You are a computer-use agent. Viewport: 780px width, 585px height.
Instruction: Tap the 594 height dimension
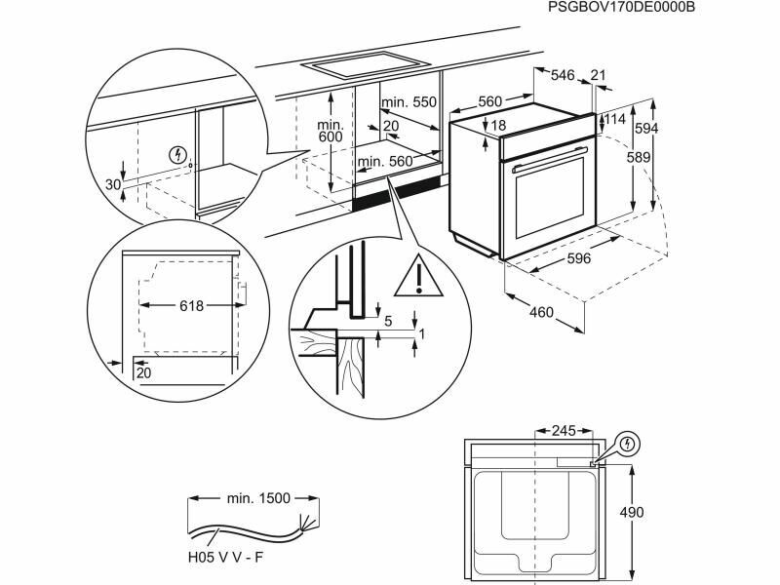click(x=664, y=129)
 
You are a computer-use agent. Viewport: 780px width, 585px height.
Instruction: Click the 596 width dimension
click(x=580, y=258)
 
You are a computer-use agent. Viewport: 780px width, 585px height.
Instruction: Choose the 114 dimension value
click(x=613, y=119)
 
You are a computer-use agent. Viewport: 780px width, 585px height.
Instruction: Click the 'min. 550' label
click(x=409, y=102)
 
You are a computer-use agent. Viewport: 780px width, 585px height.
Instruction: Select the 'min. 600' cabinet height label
click(x=331, y=131)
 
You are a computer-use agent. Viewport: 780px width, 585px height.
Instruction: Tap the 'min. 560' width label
click(x=383, y=162)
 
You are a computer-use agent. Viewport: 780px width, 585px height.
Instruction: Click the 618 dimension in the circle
click(x=191, y=306)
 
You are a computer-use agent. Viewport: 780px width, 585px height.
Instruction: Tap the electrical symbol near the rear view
click(x=630, y=444)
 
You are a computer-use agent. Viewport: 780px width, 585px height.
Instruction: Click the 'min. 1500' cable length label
click(x=258, y=497)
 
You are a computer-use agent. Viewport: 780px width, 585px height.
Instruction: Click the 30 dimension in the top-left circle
click(x=112, y=184)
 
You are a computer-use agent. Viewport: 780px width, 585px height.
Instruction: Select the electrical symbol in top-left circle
click(x=176, y=154)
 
